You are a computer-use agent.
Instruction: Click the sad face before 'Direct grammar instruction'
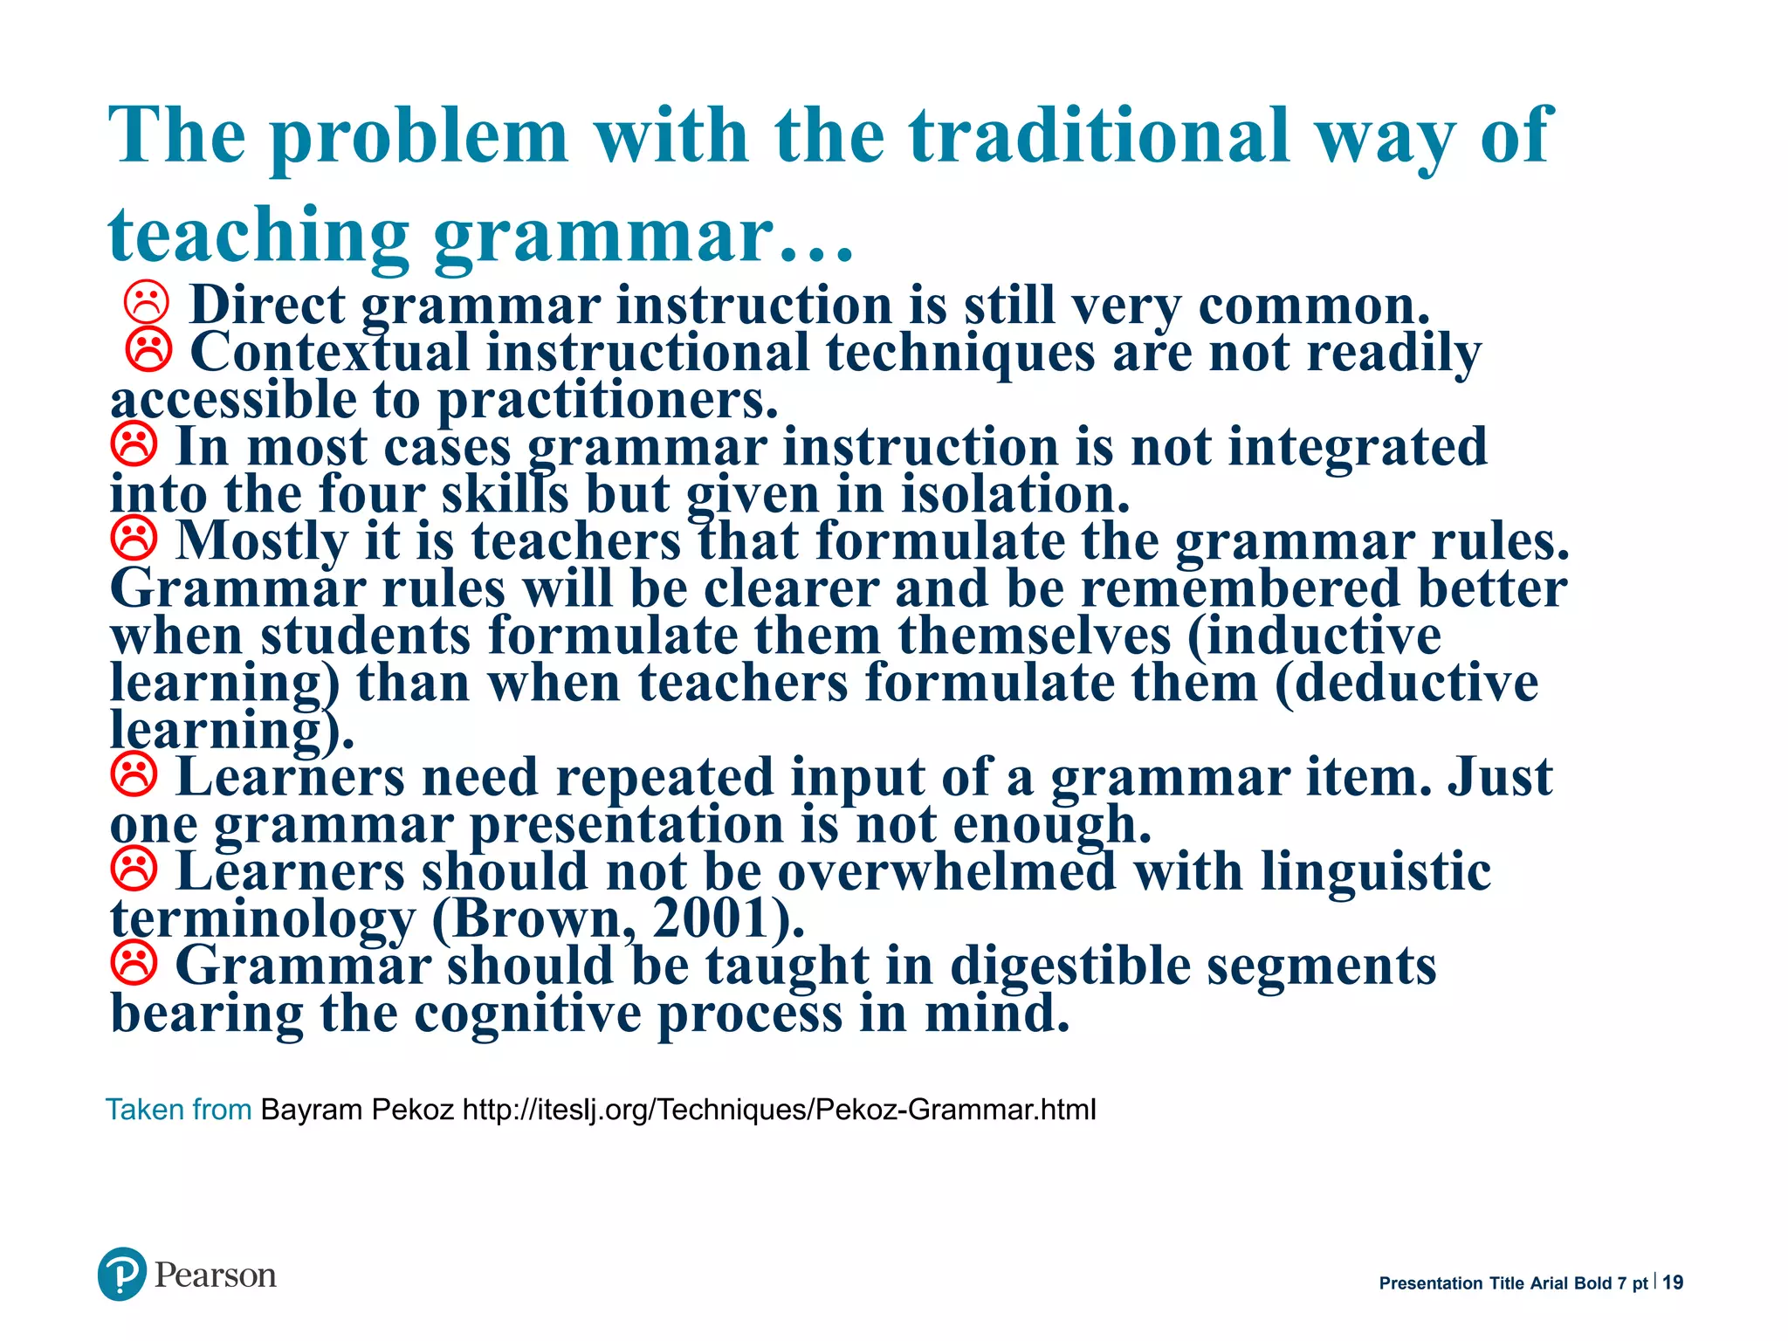coord(146,303)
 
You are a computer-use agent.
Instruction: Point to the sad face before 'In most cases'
coord(134,444)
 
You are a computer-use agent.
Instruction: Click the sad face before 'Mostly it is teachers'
coord(134,539)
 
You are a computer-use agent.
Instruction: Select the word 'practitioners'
coord(607,399)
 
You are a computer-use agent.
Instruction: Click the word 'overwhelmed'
coord(946,870)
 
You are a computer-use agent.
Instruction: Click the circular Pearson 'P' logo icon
coord(121,1274)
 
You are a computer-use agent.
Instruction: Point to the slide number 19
coord(1673,1283)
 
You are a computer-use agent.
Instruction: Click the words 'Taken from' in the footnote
coord(179,1110)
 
